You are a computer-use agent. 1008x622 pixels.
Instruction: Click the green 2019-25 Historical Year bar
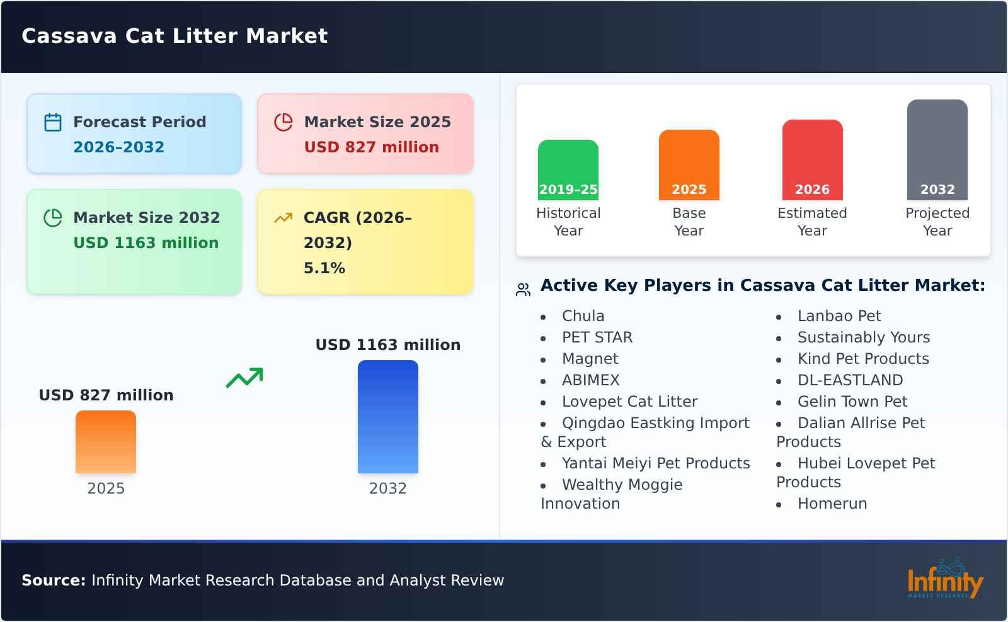coord(568,169)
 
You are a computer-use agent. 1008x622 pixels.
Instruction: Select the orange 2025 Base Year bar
coord(689,164)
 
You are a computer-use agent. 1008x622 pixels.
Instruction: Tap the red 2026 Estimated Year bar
coord(812,159)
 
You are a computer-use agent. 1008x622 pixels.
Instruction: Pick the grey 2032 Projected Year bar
coord(937,149)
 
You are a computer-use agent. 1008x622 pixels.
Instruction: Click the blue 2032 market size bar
coord(387,416)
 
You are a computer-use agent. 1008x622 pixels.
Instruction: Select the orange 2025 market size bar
coord(105,441)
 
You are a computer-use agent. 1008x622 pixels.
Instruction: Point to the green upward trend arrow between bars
coord(244,378)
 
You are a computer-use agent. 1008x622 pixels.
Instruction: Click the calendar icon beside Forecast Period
coord(53,122)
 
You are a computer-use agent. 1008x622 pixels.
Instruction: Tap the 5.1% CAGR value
coord(324,268)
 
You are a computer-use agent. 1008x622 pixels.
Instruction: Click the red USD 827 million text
coord(371,147)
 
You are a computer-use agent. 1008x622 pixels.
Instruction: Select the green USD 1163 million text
coord(146,243)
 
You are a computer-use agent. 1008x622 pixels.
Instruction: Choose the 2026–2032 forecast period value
coord(118,147)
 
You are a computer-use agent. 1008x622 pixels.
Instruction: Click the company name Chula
coord(583,316)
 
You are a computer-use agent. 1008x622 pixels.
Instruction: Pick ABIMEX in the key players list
coord(590,380)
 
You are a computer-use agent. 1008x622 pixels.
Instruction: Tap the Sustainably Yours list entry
coord(863,337)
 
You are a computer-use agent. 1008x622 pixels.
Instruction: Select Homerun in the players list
coord(832,504)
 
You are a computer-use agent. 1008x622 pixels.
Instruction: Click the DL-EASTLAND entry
coord(850,380)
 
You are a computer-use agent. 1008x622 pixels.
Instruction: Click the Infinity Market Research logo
coord(944,579)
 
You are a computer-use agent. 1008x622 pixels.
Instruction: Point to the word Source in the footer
coord(53,580)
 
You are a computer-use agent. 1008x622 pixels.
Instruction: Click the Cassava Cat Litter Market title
coord(175,36)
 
